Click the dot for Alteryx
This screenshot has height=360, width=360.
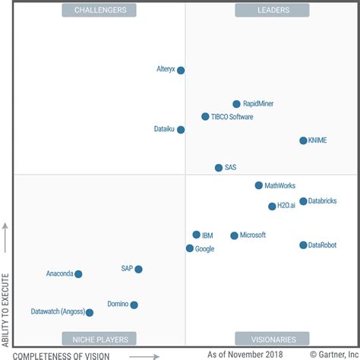(x=181, y=71)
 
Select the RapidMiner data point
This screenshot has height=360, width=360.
(x=236, y=104)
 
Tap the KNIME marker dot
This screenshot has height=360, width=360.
(x=303, y=141)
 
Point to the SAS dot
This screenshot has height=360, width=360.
(x=219, y=168)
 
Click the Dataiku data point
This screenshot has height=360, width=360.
(x=181, y=130)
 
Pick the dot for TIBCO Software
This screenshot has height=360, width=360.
(x=205, y=117)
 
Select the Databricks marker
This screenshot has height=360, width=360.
(x=303, y=201)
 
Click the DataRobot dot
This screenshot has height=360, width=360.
(x=303, y=245)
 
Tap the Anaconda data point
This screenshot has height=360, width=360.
(x=78, y=274)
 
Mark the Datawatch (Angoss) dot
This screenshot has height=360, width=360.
(x=90, y=312)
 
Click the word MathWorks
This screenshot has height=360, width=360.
(x=280, y=185)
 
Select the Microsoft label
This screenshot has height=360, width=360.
(x=253, y=235)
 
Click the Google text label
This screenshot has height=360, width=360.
(x=204, y=248)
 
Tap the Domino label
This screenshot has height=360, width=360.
(x=118, y=304)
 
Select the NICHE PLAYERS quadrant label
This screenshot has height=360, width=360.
(x=99, y=339)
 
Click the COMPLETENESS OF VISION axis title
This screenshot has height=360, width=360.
(x=62, y=355)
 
